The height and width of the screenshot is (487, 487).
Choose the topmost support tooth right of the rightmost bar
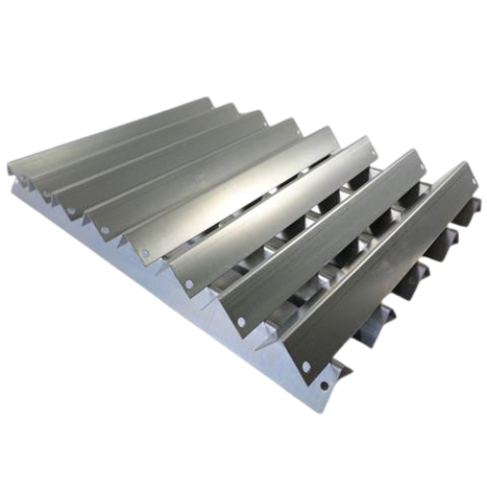[474, 206]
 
